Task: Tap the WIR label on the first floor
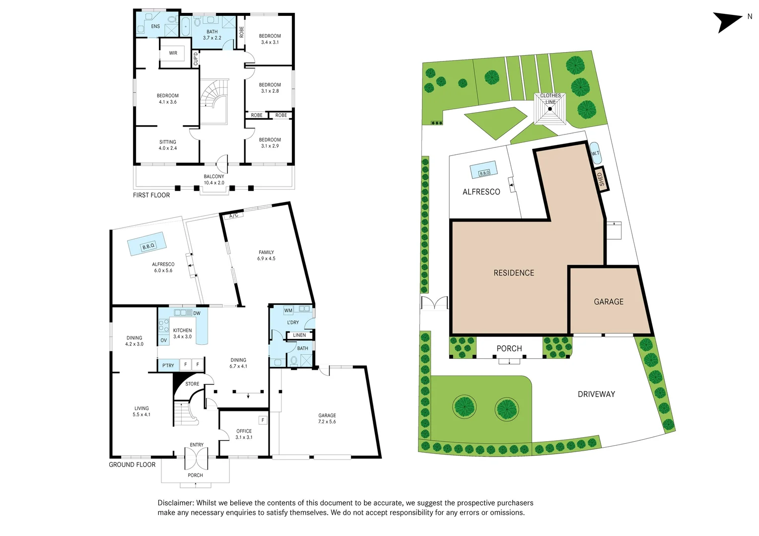pos(173,53)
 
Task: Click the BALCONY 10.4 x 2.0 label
pos(214,180)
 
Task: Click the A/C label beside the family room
pos(233,215)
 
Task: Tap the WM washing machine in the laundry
pos(288,311)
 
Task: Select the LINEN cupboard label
pos(299,335)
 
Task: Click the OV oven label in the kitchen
pos(163,340)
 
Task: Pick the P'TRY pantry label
pos(168,366)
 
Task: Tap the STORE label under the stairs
pos(192,384)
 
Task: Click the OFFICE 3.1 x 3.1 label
pos(244,434)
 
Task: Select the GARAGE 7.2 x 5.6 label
pos(327,418)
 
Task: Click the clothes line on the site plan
pos(550,108)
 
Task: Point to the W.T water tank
pos(595,153)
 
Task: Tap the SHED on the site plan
pos(601,179)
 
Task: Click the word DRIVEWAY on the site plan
pos(596,394)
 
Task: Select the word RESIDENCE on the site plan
pos(514,273)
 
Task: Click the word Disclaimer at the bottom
pos(175,503)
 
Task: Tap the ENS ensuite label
pos(155,26)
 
